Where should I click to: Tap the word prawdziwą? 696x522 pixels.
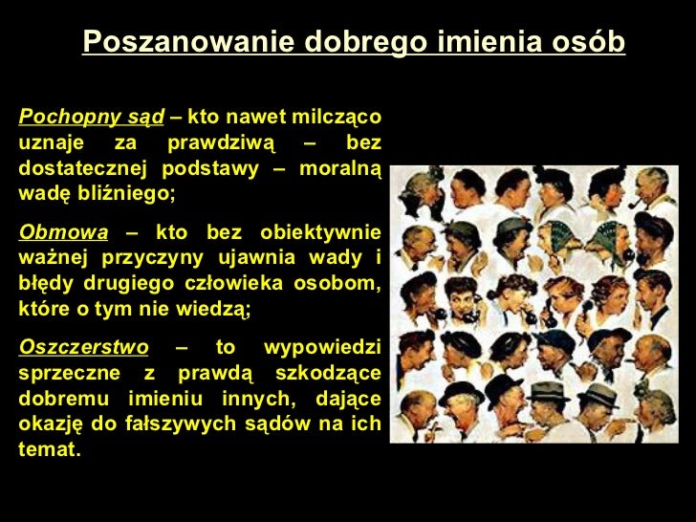[221, 143]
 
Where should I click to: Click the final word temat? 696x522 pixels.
[49, 447]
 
